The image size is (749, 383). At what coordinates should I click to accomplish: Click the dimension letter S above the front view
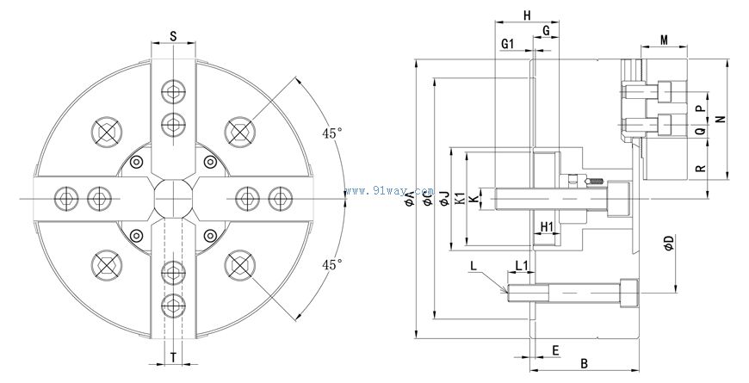pos(173,36)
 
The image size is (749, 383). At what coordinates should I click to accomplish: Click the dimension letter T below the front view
pos(173,355)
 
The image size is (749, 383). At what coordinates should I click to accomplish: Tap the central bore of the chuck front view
pos(173,198)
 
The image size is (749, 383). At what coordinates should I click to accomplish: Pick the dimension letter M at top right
pos(664,40)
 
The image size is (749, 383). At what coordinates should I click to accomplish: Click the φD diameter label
pos(669,244)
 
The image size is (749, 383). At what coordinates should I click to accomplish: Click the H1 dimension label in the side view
pos(547,226)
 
